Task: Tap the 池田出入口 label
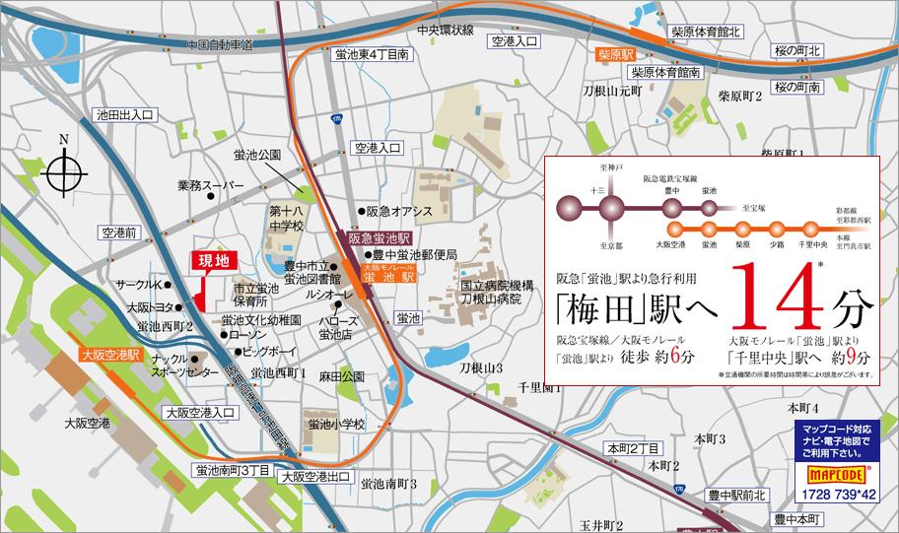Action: click(126, 114)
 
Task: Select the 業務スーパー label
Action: click(209, 184)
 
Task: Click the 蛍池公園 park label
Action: click(258, 156)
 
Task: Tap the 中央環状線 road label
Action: click(446, 30)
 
